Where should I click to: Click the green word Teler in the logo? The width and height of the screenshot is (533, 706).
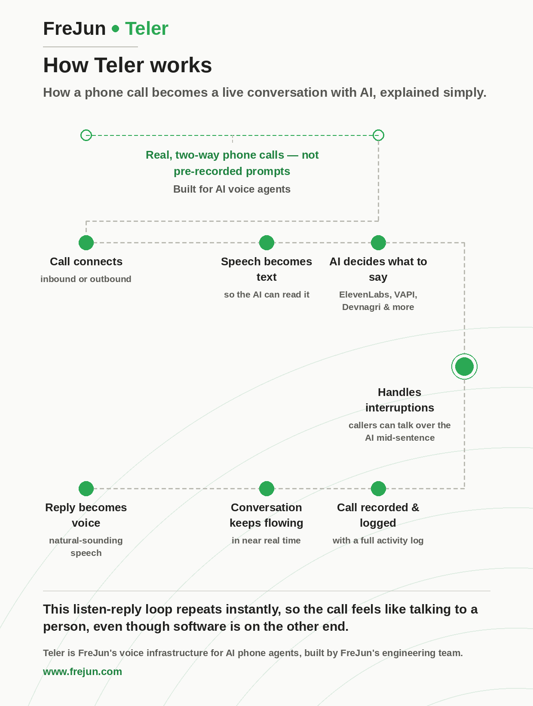147,29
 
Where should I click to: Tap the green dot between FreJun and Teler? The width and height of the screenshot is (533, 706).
115,29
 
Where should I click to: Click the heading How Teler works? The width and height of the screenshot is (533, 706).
127,65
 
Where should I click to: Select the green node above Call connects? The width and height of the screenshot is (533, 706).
86,242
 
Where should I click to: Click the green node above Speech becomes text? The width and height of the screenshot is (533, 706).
266,242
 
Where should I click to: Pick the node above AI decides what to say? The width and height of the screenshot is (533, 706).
378,242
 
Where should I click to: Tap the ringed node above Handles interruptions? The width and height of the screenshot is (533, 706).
464,366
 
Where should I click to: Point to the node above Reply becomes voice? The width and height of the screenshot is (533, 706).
86,488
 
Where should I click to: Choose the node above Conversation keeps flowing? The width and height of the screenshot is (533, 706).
266,488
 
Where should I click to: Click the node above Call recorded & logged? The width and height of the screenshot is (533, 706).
378,488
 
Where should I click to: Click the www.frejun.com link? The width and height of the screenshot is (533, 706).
83,672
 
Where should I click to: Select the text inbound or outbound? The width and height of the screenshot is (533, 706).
86,279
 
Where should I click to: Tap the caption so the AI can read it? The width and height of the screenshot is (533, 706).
266,295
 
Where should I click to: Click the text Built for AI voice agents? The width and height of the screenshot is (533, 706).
232,189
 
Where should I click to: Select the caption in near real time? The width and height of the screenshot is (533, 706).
266,540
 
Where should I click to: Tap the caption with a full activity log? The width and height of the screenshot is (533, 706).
378,540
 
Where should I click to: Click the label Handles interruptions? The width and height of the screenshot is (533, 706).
400,400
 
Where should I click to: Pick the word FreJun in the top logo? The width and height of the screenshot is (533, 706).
75,29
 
